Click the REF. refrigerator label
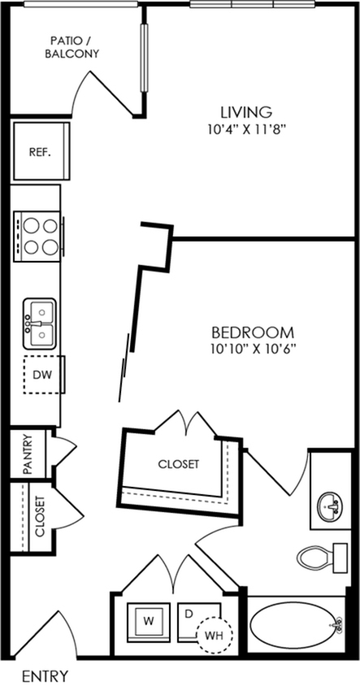41,153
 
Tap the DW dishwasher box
44,375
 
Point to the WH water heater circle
215,635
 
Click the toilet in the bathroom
322,557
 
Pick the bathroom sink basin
329,506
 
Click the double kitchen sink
40,324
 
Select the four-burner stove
37,237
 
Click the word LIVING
246,112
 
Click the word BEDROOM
253,333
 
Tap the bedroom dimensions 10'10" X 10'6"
253,350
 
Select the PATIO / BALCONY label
75,48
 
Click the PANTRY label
27,454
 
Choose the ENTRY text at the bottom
45,675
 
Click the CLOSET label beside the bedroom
179,464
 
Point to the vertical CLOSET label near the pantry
40,516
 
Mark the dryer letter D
189,614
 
